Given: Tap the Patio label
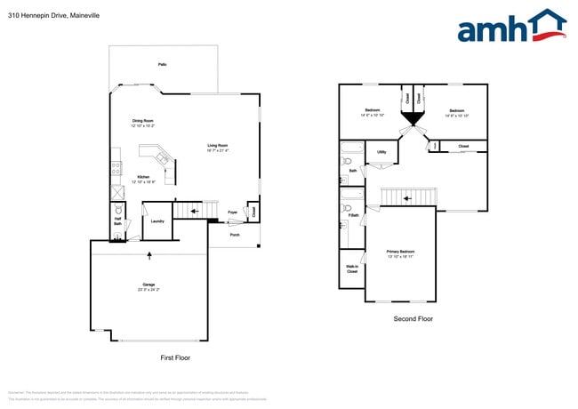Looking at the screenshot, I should [162, 65].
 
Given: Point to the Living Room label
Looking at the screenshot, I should [218, 148].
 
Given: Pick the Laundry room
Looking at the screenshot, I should [157, 221].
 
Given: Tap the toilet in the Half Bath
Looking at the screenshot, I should [117, 236].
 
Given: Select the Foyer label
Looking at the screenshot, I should [232, 213].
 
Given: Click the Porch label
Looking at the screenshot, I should [235, 235].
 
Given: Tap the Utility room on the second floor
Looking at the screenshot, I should [381, 152].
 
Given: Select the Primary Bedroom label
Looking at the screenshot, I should [400, 253].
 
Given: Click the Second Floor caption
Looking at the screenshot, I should [413, 318].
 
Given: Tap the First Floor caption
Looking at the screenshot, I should [174, 357].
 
